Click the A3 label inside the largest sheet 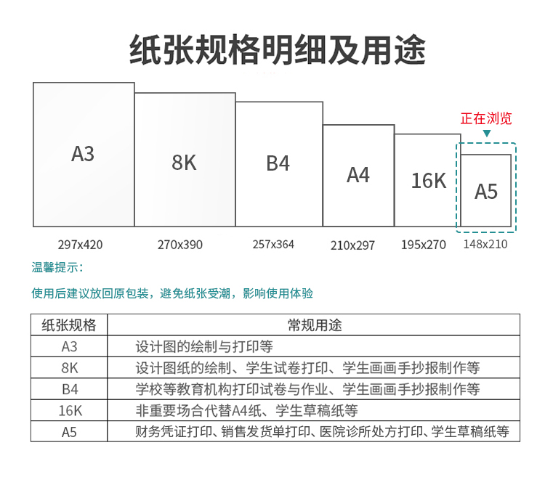pos(83,153)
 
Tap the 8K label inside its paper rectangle pos(184,162)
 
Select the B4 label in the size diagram pos(278,163)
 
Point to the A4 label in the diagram pos(358,175)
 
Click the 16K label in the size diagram pos(429,181)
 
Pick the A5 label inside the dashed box pos(486,191)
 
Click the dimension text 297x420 pos(80,245)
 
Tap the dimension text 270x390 pos(180,245)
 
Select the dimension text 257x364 pos(273,245)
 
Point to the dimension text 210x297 pos(352,245)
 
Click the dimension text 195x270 pos(424,245)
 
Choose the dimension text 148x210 pos(485,244)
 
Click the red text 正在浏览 pos(486,118)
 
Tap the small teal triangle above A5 pos(487,134)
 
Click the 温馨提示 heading pos(57,267)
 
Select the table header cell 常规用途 pos(315,325)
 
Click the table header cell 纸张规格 pos(69,325)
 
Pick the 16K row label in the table pos(70,411)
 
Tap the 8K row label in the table pos(70,367)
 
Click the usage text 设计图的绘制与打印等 pos(204,346)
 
